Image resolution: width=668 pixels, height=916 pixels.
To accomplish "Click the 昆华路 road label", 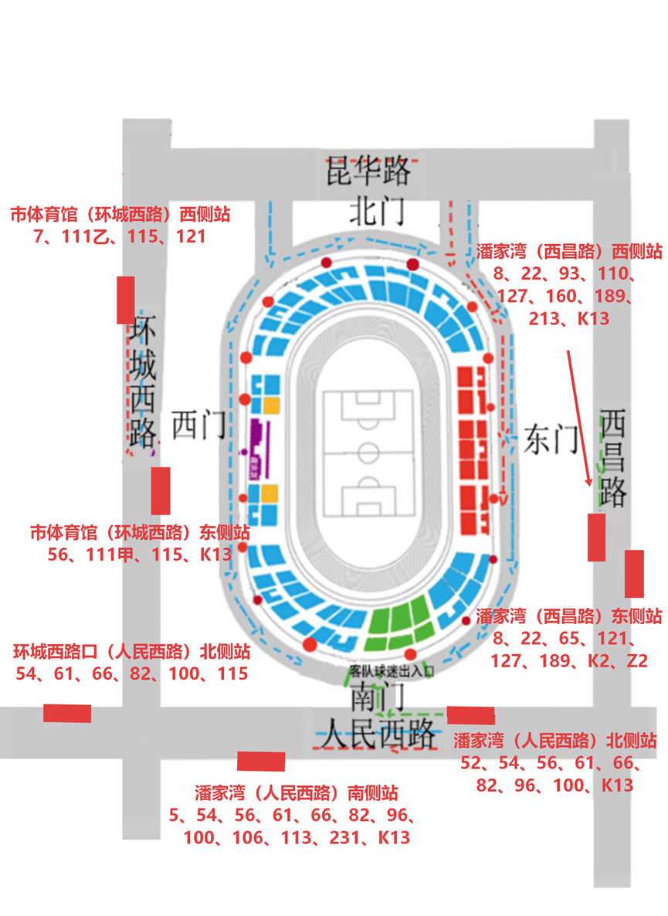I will [366, 171].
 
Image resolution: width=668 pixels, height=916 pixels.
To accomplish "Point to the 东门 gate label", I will [551, 439].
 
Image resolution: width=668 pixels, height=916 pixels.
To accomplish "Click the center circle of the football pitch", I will [368, 451].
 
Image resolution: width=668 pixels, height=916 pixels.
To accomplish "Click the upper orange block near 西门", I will [271, 404].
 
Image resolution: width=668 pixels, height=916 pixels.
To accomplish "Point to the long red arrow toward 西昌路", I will [580, 417].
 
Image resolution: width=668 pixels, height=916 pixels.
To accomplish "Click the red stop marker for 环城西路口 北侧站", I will [67, 713].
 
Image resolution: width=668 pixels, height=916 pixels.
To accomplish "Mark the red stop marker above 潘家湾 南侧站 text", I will [261, 761].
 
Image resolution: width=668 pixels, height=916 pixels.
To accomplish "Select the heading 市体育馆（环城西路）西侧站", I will [120, 214].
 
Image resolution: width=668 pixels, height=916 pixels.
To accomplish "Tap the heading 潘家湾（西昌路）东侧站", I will [568, 616].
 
